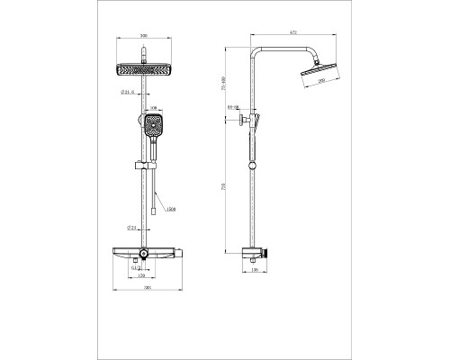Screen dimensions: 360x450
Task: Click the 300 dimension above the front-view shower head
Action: click(144, 45)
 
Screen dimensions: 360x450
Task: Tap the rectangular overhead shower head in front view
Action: click(144, 69)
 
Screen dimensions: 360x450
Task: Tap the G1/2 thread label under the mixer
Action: click(135, 267)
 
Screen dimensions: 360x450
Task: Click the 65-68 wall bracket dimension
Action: click(233, 107)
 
